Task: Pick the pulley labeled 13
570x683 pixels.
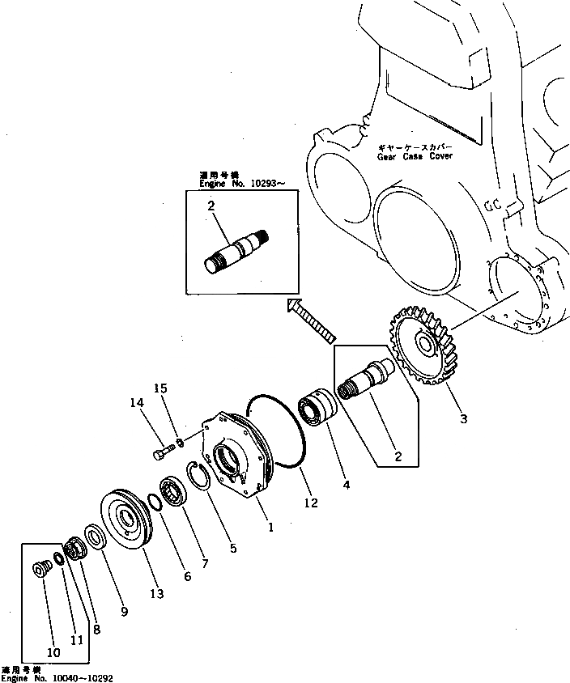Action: click(x=125, y=521)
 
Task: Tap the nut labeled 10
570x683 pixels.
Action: click(x=39, y=571)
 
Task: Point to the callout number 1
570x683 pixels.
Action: click(x=270, y=526)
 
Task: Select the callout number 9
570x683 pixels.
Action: click(x=124, y=612)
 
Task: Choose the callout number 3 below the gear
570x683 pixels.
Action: click(x=464, y=418)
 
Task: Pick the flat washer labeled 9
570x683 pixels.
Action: click(x=93, y=536)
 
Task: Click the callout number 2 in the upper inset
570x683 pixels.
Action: click(x=211, y=206)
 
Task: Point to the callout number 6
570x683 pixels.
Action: click(x=187, y=576)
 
